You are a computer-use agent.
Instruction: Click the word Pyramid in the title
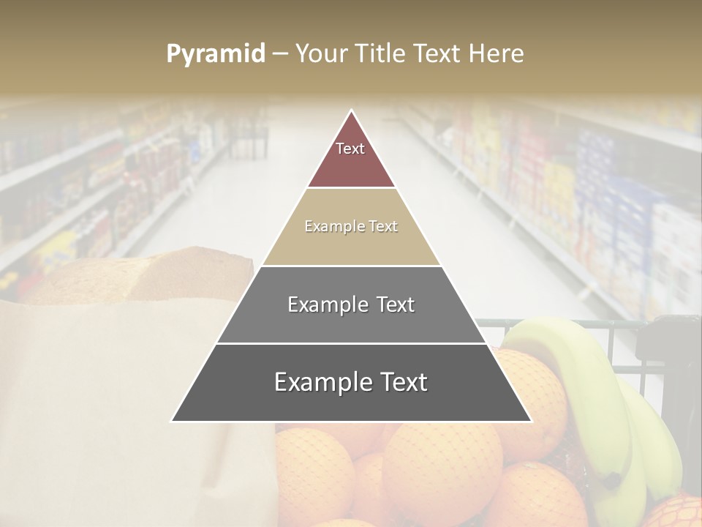pos(216,54)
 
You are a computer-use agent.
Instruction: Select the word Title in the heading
pos(380,53)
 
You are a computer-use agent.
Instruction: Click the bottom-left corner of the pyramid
pos(173,421)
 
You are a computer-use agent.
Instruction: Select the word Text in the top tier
pos(350,149)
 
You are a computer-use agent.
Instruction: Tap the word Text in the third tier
pos(396,304)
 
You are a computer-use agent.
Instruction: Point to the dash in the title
pos(280,54)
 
